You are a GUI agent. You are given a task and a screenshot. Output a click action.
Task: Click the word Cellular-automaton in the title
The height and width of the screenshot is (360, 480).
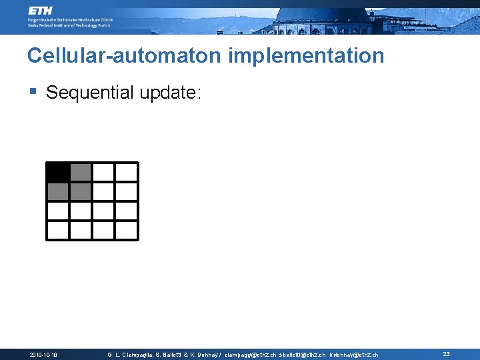[x=125, y=55]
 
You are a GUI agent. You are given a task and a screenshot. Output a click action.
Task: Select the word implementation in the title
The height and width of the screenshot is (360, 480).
[x=306, y=55]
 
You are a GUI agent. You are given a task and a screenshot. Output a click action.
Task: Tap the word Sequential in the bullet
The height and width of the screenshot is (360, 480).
[x=90, y=93]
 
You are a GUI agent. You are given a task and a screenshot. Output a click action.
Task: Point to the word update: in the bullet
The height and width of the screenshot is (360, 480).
[x=170, y=93]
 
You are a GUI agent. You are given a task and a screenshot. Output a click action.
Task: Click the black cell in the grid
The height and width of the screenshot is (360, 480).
[x=58, y=172]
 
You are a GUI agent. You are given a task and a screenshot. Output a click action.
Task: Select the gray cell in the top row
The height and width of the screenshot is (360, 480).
[x=81, y=172]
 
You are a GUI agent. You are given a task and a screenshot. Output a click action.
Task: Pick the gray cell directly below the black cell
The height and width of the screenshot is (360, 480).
[x=58, y=192]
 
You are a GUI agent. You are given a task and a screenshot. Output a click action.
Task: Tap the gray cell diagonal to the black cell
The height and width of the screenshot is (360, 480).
[x=81, y=192]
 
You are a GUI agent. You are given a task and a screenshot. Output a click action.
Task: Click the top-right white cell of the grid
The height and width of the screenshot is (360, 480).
[x=126, y=172]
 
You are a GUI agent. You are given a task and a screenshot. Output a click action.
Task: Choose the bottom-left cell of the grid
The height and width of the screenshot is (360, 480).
[x=58, y=230]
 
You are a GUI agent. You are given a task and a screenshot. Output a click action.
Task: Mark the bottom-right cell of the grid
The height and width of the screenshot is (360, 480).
[x=126, y=230]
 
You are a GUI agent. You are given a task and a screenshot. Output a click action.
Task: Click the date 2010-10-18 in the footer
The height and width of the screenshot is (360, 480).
[x=43, y=355]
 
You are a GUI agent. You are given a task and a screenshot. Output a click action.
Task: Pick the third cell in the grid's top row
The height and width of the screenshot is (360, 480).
[x=103, y=172]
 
